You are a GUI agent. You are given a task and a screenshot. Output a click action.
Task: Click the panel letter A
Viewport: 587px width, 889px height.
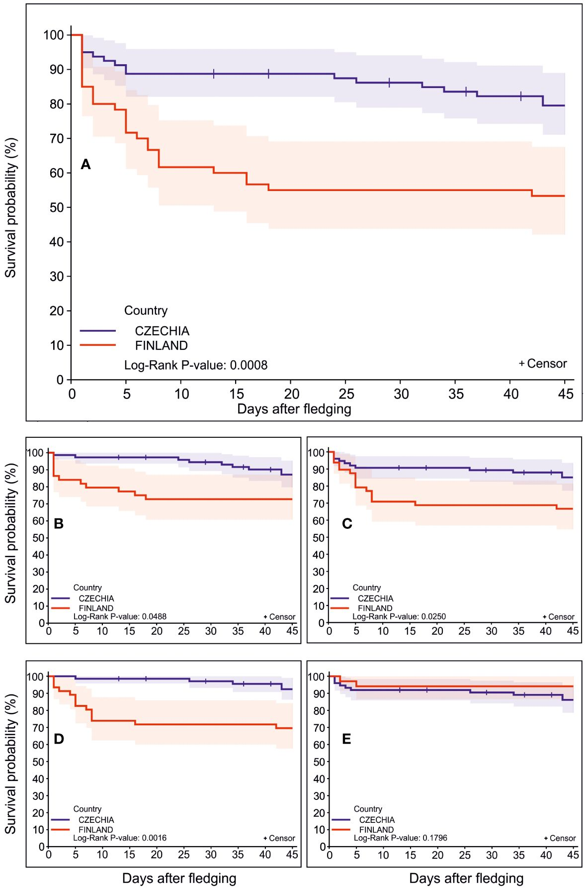click(x=85, y=165)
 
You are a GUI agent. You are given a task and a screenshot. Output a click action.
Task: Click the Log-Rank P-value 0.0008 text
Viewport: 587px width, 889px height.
click(x=196, y=365)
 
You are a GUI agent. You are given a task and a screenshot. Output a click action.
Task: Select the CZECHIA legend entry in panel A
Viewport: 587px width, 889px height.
click(x=162, y=331)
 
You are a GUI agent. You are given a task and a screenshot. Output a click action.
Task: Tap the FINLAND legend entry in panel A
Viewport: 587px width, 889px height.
click(x=161, y=345)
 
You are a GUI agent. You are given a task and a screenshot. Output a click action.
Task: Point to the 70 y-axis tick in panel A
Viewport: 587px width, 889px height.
click(x=57, y=138)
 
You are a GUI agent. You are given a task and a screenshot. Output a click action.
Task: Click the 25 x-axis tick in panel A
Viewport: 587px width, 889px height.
click(x=346, y=394)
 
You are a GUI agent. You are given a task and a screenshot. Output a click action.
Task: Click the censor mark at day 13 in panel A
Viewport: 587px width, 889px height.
click(x=214, y=74)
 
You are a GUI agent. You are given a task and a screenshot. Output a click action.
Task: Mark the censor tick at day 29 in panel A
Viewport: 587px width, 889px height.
click(x=389, y=83)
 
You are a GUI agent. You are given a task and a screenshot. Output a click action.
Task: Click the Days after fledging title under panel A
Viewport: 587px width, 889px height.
click(x=294, y=409)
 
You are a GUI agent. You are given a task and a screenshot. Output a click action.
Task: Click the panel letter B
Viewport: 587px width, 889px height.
click(x=58, y=524)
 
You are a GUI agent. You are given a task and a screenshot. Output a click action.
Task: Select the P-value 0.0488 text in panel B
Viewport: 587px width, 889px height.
click(x=120, y=617)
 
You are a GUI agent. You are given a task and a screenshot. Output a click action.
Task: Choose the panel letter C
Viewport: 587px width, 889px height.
click(x=347, y=524)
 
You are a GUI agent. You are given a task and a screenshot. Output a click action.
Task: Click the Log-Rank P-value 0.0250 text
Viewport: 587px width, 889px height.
click(x=399, y=617)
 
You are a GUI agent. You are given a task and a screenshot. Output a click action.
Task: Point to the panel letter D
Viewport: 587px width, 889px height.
click(x=58, y=739)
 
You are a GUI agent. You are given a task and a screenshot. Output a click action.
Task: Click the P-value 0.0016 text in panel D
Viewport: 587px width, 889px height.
click(x=120, y=838)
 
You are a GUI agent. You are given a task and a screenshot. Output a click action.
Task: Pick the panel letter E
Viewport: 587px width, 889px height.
click(x=346, y=739)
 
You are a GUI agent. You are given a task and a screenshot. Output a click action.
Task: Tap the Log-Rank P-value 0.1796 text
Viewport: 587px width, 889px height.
click(x=400, y=838)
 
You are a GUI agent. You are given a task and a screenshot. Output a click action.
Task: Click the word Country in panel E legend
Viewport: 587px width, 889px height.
click(x=368, y=809)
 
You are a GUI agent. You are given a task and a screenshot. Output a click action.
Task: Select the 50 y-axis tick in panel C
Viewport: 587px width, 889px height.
click(x=318, y=538)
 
